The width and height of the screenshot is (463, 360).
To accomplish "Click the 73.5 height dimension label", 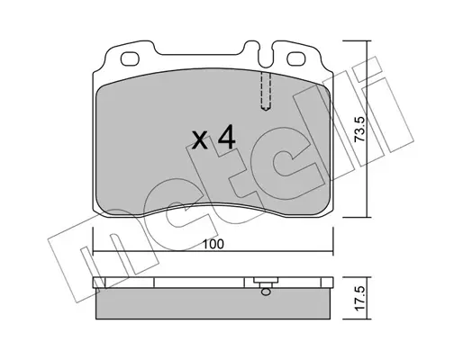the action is pos(359,129).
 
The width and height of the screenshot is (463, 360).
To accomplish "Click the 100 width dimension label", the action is pos(213,245).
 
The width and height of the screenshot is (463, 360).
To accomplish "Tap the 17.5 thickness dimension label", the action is pos(359,298).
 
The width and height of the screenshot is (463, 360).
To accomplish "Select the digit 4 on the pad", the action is pos(227,137).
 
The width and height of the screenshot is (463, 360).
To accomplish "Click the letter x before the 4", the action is pos(200,140).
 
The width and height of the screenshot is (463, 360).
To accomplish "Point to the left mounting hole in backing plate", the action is pos(130,58).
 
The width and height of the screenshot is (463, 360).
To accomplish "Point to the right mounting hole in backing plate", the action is pos(296,58).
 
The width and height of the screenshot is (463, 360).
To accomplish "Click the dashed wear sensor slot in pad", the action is pos(266,92).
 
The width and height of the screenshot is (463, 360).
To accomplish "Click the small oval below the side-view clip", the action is pos(266,292).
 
